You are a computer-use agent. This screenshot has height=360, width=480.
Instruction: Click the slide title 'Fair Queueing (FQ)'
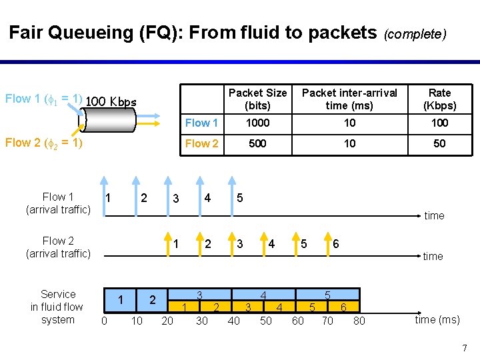pos(93,33)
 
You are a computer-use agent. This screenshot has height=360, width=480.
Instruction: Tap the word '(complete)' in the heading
pos(414,34)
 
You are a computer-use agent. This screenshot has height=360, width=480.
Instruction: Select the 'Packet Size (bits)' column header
pos(257,99)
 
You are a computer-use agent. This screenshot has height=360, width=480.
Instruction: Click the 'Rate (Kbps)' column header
pos(439,99)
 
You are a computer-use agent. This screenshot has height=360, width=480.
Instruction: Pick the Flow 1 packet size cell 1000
pos(257,123)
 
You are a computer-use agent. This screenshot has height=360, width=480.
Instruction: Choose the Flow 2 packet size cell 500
pos(257,143)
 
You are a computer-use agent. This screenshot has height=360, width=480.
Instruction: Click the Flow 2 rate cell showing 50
pos(439,143)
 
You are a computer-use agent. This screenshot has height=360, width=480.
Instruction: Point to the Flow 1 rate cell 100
pos(439,123)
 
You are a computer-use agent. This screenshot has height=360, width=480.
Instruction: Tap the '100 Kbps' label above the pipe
pos(111,102)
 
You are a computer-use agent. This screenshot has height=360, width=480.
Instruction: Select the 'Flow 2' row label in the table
pos(201,143)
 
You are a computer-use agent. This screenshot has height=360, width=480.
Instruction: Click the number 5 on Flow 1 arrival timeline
pos(240,198)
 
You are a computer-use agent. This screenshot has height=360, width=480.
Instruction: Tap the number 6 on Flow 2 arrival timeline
pos(335,244)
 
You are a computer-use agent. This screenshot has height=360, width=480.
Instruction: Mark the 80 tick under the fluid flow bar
pos(359,321)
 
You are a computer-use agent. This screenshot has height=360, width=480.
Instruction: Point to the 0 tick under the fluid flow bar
pos(103,321)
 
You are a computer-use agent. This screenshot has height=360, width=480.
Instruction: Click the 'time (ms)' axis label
pos(437,319)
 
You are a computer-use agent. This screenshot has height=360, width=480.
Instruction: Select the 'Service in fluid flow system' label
pos(57,307)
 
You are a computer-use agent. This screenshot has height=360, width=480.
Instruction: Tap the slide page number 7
pos(465,347)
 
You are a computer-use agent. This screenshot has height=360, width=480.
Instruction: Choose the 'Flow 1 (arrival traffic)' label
pos(57,203)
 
